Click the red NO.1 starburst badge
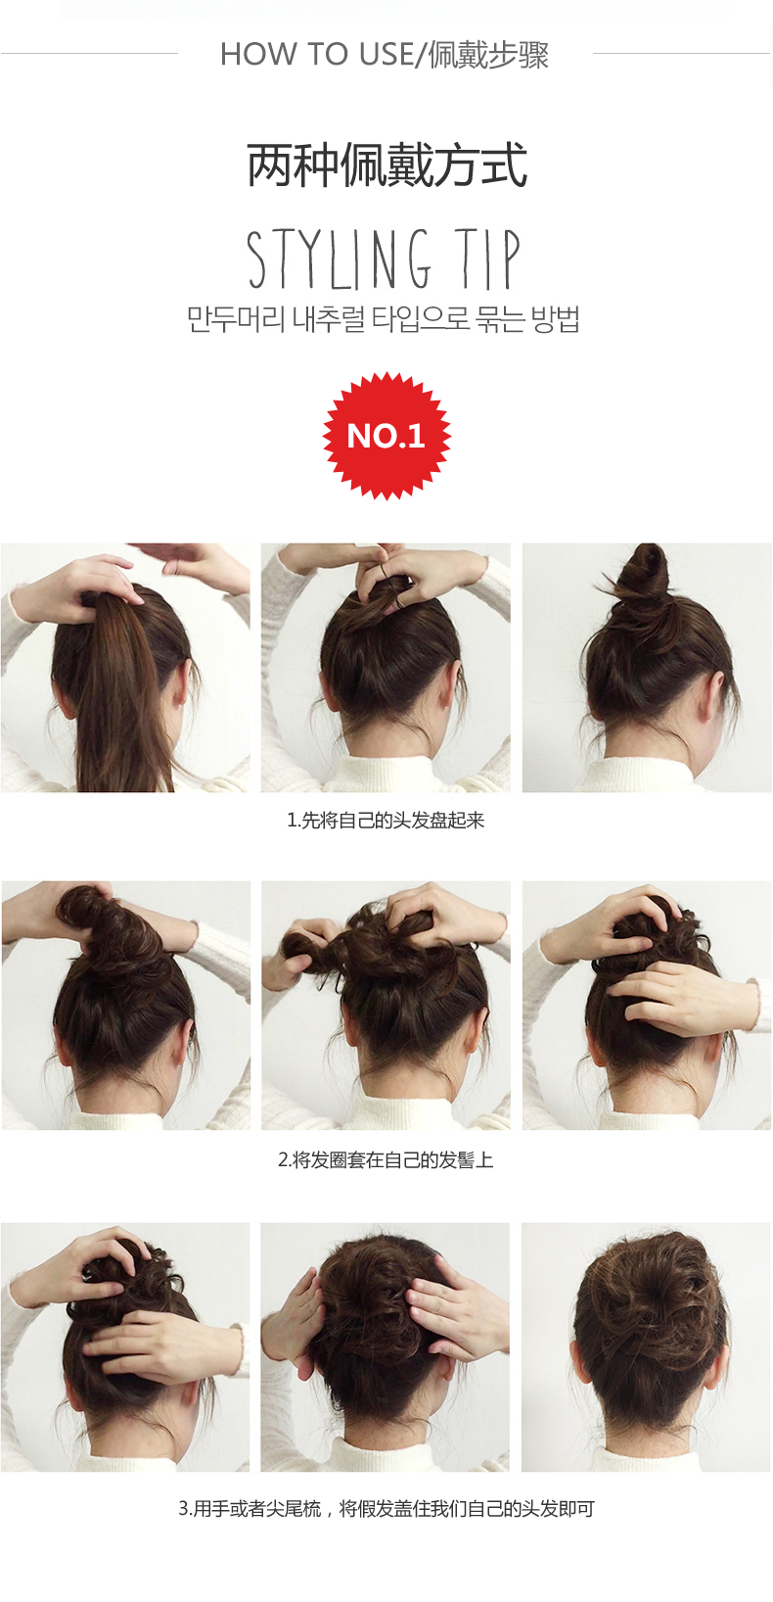tap(386, 436)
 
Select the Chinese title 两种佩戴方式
tap(386, 165)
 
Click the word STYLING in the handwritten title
tap(339, 259)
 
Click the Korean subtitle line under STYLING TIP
tap(384, 319)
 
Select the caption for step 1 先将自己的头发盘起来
tap(386, 821)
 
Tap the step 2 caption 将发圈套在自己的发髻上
tap(386, 1160)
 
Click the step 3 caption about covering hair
tap(386, 1509)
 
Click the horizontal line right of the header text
tap(681, 54)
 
